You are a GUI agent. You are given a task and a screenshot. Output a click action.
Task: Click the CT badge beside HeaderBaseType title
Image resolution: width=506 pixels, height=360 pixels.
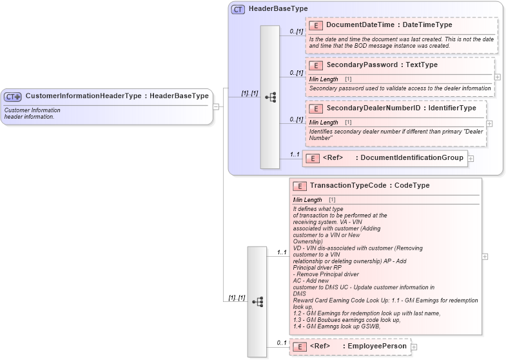(238, 9)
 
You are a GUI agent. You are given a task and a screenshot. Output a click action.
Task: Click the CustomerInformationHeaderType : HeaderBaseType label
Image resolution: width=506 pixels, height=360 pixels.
(117, 96)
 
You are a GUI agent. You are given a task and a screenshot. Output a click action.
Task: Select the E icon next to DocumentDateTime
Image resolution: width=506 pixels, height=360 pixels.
(316, 25)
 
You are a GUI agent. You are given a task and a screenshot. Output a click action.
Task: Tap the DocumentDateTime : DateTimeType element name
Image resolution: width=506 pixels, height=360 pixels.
(389, 25)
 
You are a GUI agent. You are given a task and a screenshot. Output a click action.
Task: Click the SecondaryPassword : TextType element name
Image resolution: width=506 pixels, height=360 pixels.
(382, 65)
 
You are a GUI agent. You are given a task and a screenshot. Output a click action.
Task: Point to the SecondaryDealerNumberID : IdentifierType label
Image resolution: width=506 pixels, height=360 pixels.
(401, 108)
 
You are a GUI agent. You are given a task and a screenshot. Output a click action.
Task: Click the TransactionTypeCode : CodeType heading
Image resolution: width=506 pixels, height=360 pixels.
(369, 186)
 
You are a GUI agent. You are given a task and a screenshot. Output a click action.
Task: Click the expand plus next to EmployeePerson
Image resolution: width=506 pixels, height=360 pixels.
(414, 347)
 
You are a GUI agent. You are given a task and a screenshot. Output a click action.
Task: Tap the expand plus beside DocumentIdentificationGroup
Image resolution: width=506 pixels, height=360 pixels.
(471, 158)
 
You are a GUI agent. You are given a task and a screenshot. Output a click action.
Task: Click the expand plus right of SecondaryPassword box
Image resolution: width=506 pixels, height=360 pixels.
(498, 76)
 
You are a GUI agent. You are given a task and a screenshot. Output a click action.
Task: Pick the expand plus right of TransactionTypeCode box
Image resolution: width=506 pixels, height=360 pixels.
(485, 256)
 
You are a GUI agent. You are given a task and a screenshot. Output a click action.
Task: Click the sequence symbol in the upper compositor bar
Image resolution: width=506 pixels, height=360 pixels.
(270, 97)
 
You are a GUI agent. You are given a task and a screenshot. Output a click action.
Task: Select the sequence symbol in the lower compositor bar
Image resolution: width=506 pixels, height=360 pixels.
(257, 301)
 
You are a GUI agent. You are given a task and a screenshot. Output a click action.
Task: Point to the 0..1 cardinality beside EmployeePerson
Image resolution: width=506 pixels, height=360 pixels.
(281, 343)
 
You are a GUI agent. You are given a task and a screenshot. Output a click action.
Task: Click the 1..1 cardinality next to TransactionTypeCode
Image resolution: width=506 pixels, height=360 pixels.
(281, 252)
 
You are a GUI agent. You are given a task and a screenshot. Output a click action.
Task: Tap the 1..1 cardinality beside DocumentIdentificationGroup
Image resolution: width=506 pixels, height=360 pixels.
(294, 154)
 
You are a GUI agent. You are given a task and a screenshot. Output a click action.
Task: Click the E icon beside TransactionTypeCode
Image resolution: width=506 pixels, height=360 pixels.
(300, 186)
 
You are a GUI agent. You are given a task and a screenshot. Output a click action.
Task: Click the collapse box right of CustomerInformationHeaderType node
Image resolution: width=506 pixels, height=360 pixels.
(217, 106)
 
